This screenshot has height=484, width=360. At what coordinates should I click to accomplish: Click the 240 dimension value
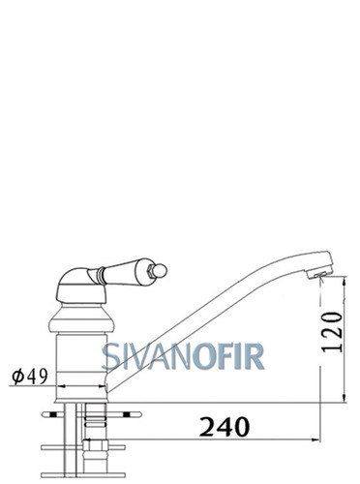tap(225, 427)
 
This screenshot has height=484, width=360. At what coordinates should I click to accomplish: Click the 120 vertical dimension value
tap(332, 332)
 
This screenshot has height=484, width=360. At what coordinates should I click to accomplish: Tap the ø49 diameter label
tap(30, 377)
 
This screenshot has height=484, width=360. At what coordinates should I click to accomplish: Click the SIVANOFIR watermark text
tap(183, 356)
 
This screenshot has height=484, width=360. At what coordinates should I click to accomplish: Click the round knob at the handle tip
tap(161, 270)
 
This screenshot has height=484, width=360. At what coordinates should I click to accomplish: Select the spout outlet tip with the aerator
tap(319, 271)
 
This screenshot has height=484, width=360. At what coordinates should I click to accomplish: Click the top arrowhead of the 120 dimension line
tap(345, 281)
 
